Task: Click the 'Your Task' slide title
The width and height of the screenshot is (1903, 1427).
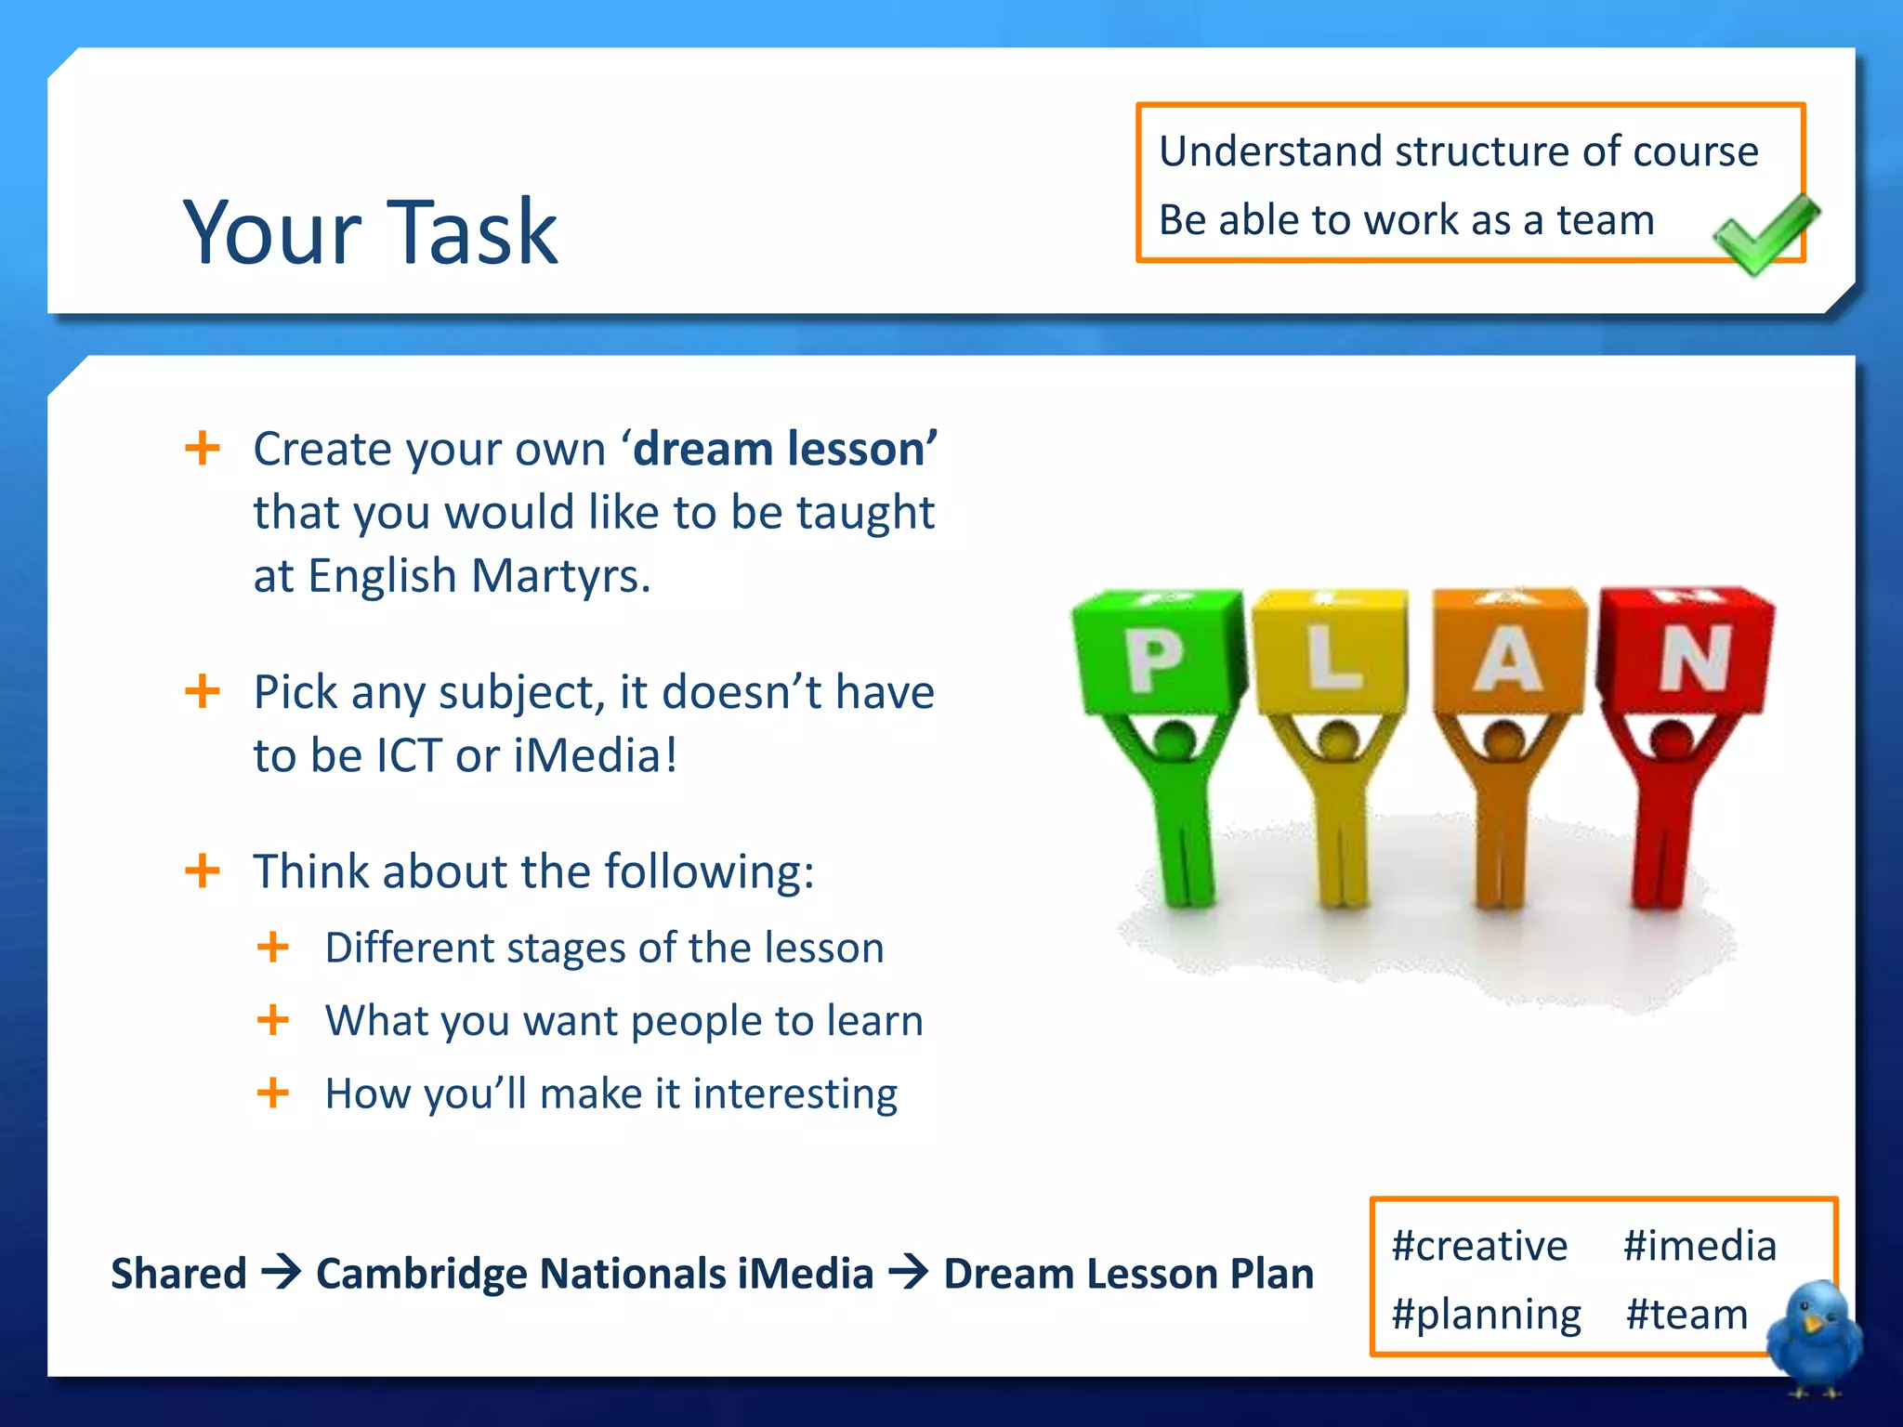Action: pos(370,231)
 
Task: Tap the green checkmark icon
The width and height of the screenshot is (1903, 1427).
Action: pos(1765,234)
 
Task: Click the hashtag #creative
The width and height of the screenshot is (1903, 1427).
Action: pos(1479,1246)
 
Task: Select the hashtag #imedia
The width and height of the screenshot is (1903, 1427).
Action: pos(1700,1246)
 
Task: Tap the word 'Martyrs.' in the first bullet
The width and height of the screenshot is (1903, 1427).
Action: pos(560,576)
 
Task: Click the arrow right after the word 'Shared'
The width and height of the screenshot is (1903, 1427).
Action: pos(281,1272)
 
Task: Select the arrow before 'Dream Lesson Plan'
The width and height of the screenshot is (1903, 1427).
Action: pos(908,1272)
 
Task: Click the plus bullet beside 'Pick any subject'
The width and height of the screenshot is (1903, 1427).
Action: pos(203,692)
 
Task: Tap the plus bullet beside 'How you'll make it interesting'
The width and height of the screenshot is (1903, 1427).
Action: pos(272,1093)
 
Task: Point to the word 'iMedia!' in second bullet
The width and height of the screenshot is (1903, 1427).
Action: pos(596,755)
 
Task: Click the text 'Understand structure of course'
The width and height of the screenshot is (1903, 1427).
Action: pos(1458,151)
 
